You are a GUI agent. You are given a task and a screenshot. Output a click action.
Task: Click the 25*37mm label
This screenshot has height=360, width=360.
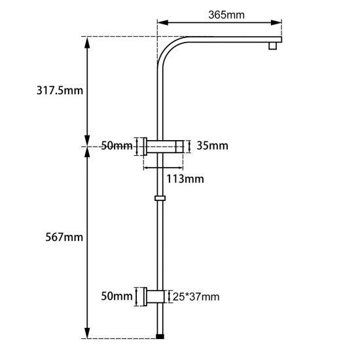pos(196,297)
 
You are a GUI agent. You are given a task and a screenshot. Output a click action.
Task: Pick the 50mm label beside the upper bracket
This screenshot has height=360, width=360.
pos(117,146)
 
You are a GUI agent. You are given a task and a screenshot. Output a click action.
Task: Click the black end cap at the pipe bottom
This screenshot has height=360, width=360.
pos(160,336)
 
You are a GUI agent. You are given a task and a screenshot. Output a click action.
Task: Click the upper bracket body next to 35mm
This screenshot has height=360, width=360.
pos(166,146)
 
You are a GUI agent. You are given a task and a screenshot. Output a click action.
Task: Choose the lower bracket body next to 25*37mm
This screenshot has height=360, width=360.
pos(158,297)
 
